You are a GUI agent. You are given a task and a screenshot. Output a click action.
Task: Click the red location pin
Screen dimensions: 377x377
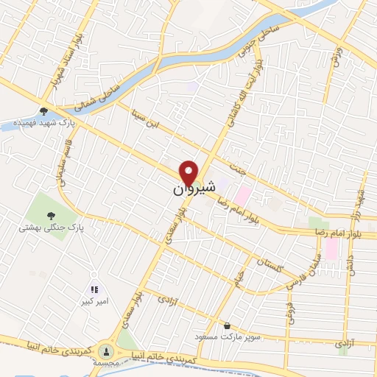[x=190, y=175]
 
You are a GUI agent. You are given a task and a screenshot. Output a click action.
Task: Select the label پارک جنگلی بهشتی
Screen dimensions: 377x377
[x=52, y=229]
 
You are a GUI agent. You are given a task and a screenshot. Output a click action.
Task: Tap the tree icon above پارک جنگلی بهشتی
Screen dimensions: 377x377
[x=51, y=216]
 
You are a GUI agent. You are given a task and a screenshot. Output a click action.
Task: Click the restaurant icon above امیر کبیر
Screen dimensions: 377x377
[x=94, y=290]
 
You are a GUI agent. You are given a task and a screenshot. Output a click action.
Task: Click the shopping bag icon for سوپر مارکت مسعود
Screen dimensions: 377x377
[x=228, y=325]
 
